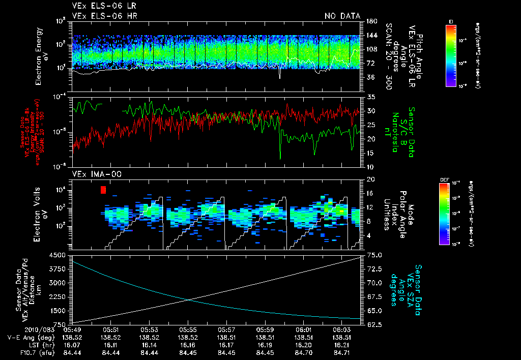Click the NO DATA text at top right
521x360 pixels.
click(342, 16)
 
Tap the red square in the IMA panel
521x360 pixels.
click(103, 190)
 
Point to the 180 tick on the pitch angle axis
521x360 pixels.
click(370, 21)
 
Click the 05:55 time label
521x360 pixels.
click(188, 330)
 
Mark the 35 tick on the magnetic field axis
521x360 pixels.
click(370, 97)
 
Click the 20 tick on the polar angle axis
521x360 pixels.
click(370, 179)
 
